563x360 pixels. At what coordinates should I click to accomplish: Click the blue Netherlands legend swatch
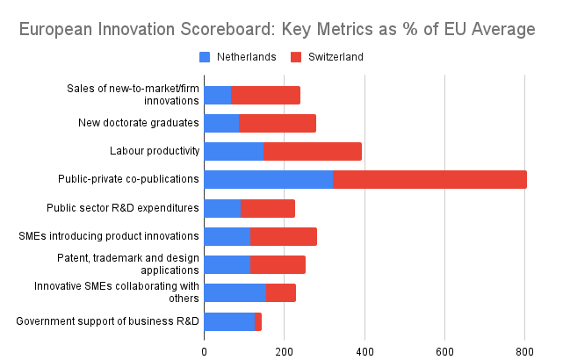click(x=205, y=57)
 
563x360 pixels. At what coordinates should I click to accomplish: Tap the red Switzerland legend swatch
click(x=295, y=57)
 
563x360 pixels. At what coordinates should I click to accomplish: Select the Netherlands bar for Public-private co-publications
click(x=268, y=180)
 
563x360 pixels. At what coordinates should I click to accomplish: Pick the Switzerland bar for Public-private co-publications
click(x=429, y=180)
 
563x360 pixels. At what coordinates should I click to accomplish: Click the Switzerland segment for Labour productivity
click(x=312, y=151)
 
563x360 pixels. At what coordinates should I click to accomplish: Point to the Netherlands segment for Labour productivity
click(x=233, y=151)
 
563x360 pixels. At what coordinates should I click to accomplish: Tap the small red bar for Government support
click(x=258, y=321)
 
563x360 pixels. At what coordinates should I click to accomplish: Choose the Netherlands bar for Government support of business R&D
click(x=228, y=321)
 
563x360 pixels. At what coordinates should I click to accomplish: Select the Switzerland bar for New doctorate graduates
click(x=277, y=123)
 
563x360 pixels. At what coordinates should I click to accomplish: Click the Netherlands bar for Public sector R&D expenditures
click(x=221, y=208)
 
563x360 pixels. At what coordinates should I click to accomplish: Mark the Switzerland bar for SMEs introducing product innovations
click(x=284, y=236)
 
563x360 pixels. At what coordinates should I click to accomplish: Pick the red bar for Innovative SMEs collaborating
click(x=281, y=293)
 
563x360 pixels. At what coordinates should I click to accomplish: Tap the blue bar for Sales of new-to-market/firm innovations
click(x=217, y=95)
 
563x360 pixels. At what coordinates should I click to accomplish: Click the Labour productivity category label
click(x=155, y=151)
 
